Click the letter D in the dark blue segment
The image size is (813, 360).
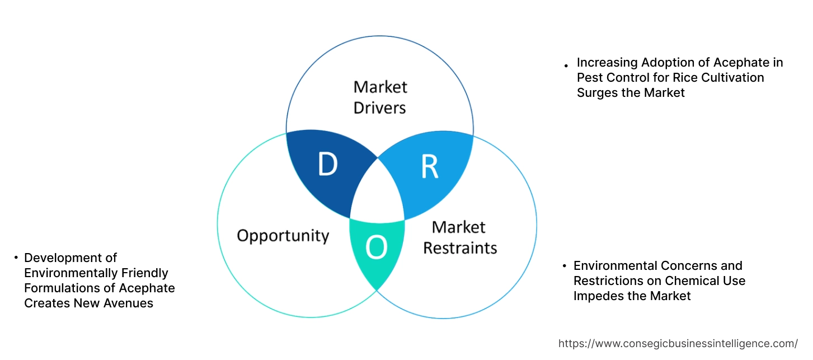tap(328, 164)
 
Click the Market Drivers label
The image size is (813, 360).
tap(380, 97)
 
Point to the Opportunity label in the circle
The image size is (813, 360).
tap(283, 235)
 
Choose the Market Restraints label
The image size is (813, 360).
tap(459, 237)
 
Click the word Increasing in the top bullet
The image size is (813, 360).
tap(607, 62)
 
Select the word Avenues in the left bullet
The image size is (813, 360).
tap(131, 303)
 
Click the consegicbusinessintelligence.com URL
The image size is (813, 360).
tap(678, 343)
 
